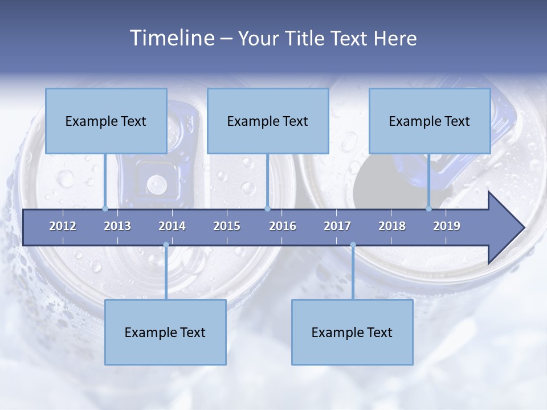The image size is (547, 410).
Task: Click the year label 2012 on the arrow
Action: [63, 226]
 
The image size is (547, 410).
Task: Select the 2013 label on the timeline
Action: [117, 226]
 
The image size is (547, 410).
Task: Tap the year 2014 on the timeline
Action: [172, 226]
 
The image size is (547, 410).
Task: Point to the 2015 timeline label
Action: [227, 226]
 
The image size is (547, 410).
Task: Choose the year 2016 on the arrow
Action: [283, 226]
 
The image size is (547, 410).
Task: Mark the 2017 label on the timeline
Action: [337, 226]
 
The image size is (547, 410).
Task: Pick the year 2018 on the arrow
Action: [392, 226]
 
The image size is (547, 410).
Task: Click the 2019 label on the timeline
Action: [447, 226]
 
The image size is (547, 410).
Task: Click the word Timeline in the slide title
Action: [171, 38]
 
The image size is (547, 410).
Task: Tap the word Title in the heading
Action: [306, 39]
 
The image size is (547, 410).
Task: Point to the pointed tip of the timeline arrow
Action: [523, 228]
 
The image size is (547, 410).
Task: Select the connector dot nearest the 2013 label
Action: [105, 208]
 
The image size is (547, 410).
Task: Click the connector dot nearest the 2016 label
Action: [267, 208]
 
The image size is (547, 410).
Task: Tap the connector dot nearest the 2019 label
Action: [429, 208]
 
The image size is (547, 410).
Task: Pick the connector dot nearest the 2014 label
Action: [166, 245]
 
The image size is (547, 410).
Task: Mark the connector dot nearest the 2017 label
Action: [353, 245]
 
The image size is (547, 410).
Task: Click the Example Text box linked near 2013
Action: [106, 121]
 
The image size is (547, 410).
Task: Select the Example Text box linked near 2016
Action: [268, 121]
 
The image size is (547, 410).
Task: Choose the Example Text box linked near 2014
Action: [165, 332]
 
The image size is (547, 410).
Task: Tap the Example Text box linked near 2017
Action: [352, 332]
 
